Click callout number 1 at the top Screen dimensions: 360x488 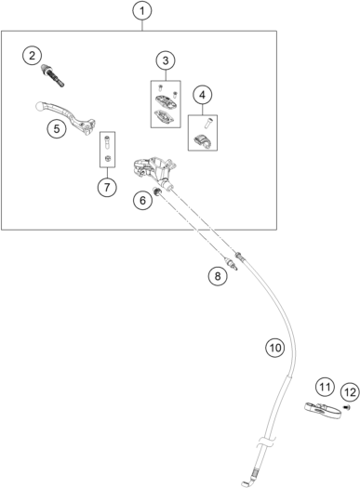[x=142, y=11]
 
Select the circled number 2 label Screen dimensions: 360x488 [x=32, y=56]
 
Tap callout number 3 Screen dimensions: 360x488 [x=166, y=60]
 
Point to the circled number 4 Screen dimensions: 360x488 [x=203, y=95]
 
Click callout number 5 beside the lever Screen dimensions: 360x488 [x=57, y=128]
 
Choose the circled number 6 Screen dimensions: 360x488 [x=142, y=200]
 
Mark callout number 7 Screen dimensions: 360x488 [x=107, y=188]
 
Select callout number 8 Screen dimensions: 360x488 [x=218, y=276]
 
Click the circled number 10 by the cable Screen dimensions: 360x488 [x=275, y=348]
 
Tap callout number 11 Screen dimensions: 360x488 [x=325, y=387]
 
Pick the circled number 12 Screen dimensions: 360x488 [x=351, y=392]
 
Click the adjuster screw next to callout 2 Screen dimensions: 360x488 [x=53, y=75]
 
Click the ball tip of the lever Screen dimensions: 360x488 [x=39, y=106]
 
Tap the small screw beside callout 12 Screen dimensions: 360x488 [x=346, y=407]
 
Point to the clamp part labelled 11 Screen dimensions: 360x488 [x=322, y=411]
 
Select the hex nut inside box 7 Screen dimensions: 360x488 [x=107, y=158]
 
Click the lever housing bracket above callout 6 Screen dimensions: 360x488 [x=153, y=169]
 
